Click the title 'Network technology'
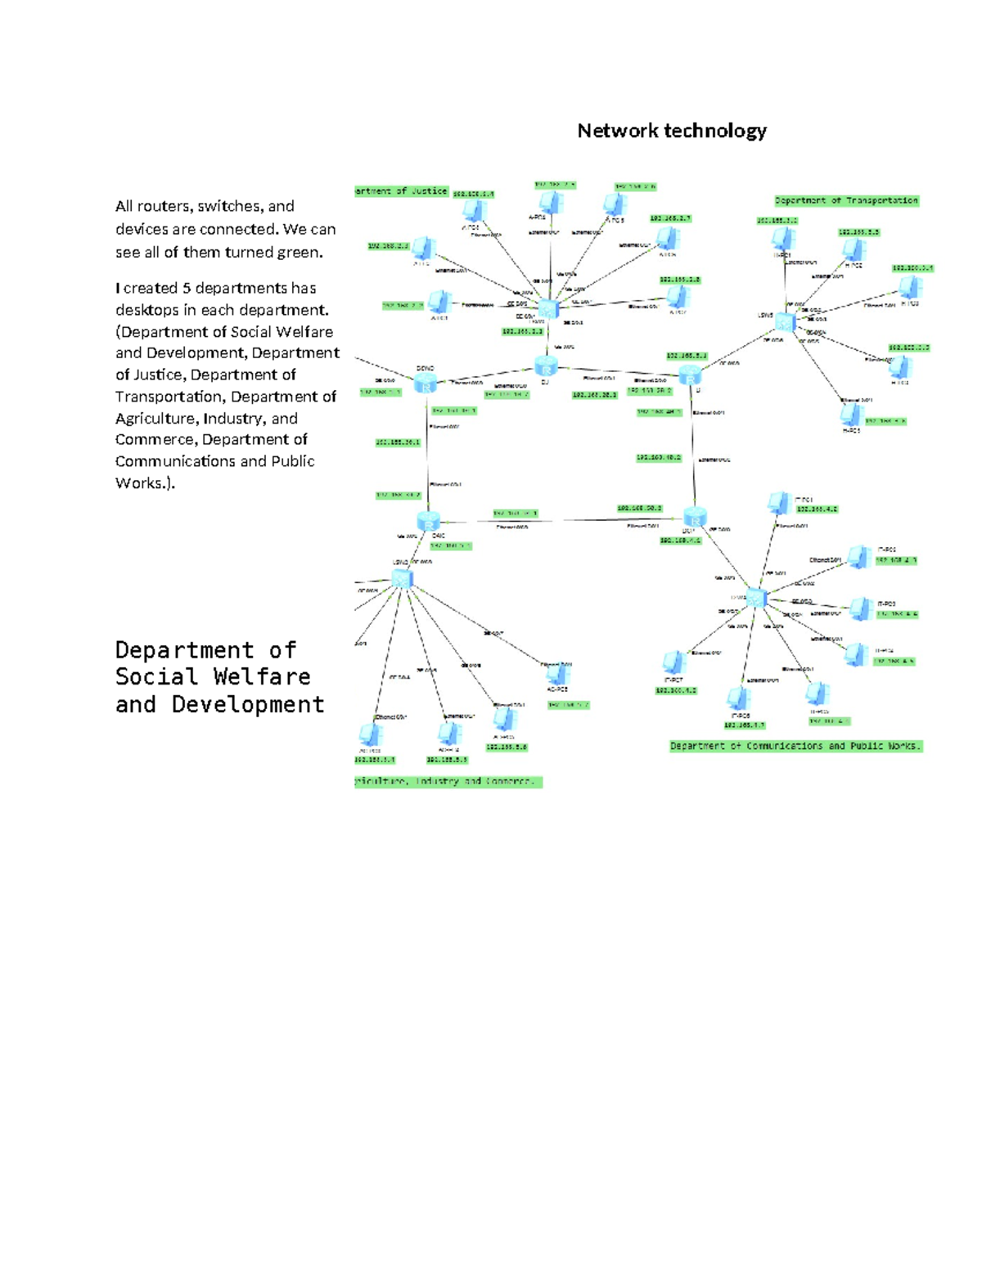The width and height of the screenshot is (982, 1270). click(671, 131)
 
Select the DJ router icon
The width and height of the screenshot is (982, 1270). click(546, 366)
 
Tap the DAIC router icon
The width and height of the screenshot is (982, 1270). click(428, 521)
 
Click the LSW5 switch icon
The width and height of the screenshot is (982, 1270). click(785, 321)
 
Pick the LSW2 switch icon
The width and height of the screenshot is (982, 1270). click(402, 579)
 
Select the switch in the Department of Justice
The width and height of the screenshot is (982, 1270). click(547, 308)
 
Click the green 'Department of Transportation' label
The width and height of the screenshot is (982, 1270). click(846, 200)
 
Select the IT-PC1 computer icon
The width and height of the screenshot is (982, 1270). click(778, 503)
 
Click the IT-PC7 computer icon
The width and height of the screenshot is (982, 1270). click(673, 662)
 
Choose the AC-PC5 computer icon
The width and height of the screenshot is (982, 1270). click(558, 674)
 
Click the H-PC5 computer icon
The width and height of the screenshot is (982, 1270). click(852, 413)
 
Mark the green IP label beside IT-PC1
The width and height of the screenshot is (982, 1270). click(817, 509)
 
